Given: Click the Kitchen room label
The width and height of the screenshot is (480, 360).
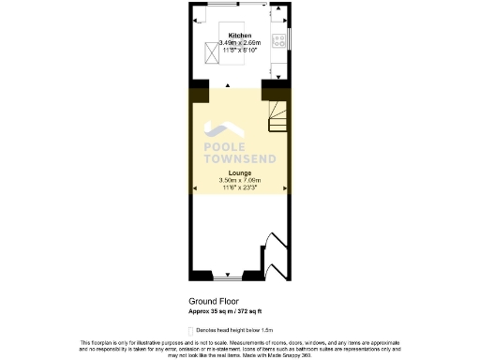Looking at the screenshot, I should tap(239, 36).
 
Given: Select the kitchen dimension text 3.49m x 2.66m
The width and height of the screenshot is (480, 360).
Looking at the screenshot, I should tap(239, 43).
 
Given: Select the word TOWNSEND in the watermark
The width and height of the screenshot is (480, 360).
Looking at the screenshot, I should tap(240, 158).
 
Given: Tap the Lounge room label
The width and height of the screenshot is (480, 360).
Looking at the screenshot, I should tap(239, 173).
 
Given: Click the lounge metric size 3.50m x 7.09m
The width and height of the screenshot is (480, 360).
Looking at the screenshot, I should tap(239, 181).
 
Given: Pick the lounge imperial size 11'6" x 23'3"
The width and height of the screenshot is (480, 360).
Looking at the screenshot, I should tap(239, 188).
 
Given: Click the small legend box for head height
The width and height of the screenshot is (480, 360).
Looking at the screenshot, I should tap(191, 330).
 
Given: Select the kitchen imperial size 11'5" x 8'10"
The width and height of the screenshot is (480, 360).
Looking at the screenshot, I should tap(239, 51).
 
